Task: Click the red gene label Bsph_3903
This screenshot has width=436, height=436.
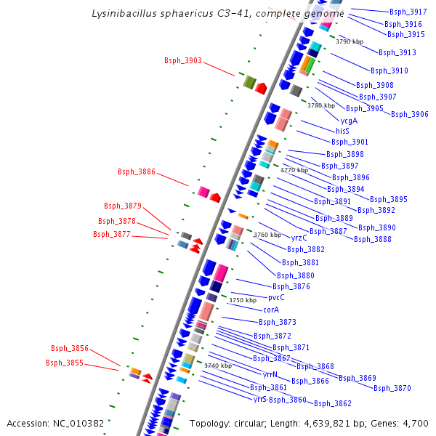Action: (183, 60)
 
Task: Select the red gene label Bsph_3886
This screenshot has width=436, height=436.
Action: (137, 171)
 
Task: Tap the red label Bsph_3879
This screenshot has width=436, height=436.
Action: (123, 206)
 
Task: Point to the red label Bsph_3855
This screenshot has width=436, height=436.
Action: (65, 363)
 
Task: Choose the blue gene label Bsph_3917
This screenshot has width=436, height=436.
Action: (408, 12)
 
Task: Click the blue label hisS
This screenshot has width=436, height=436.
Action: (343, 131)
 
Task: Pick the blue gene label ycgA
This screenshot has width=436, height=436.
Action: (349, 121)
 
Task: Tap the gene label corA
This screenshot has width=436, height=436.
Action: (271, 310)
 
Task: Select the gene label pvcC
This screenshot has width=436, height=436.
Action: (276, 297)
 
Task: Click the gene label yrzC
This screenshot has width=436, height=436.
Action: (299, 238)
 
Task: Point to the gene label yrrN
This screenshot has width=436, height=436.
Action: (270, 374)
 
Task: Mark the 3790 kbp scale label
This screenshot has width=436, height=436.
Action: (350, 41)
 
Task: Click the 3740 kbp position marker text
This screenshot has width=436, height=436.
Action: (218, 366)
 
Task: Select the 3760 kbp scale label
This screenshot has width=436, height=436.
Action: (267, 235)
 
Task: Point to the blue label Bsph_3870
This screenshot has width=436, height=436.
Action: (392, 388)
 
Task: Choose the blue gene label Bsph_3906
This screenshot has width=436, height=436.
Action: (410, 114)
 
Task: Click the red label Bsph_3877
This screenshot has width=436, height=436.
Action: (112, 234)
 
